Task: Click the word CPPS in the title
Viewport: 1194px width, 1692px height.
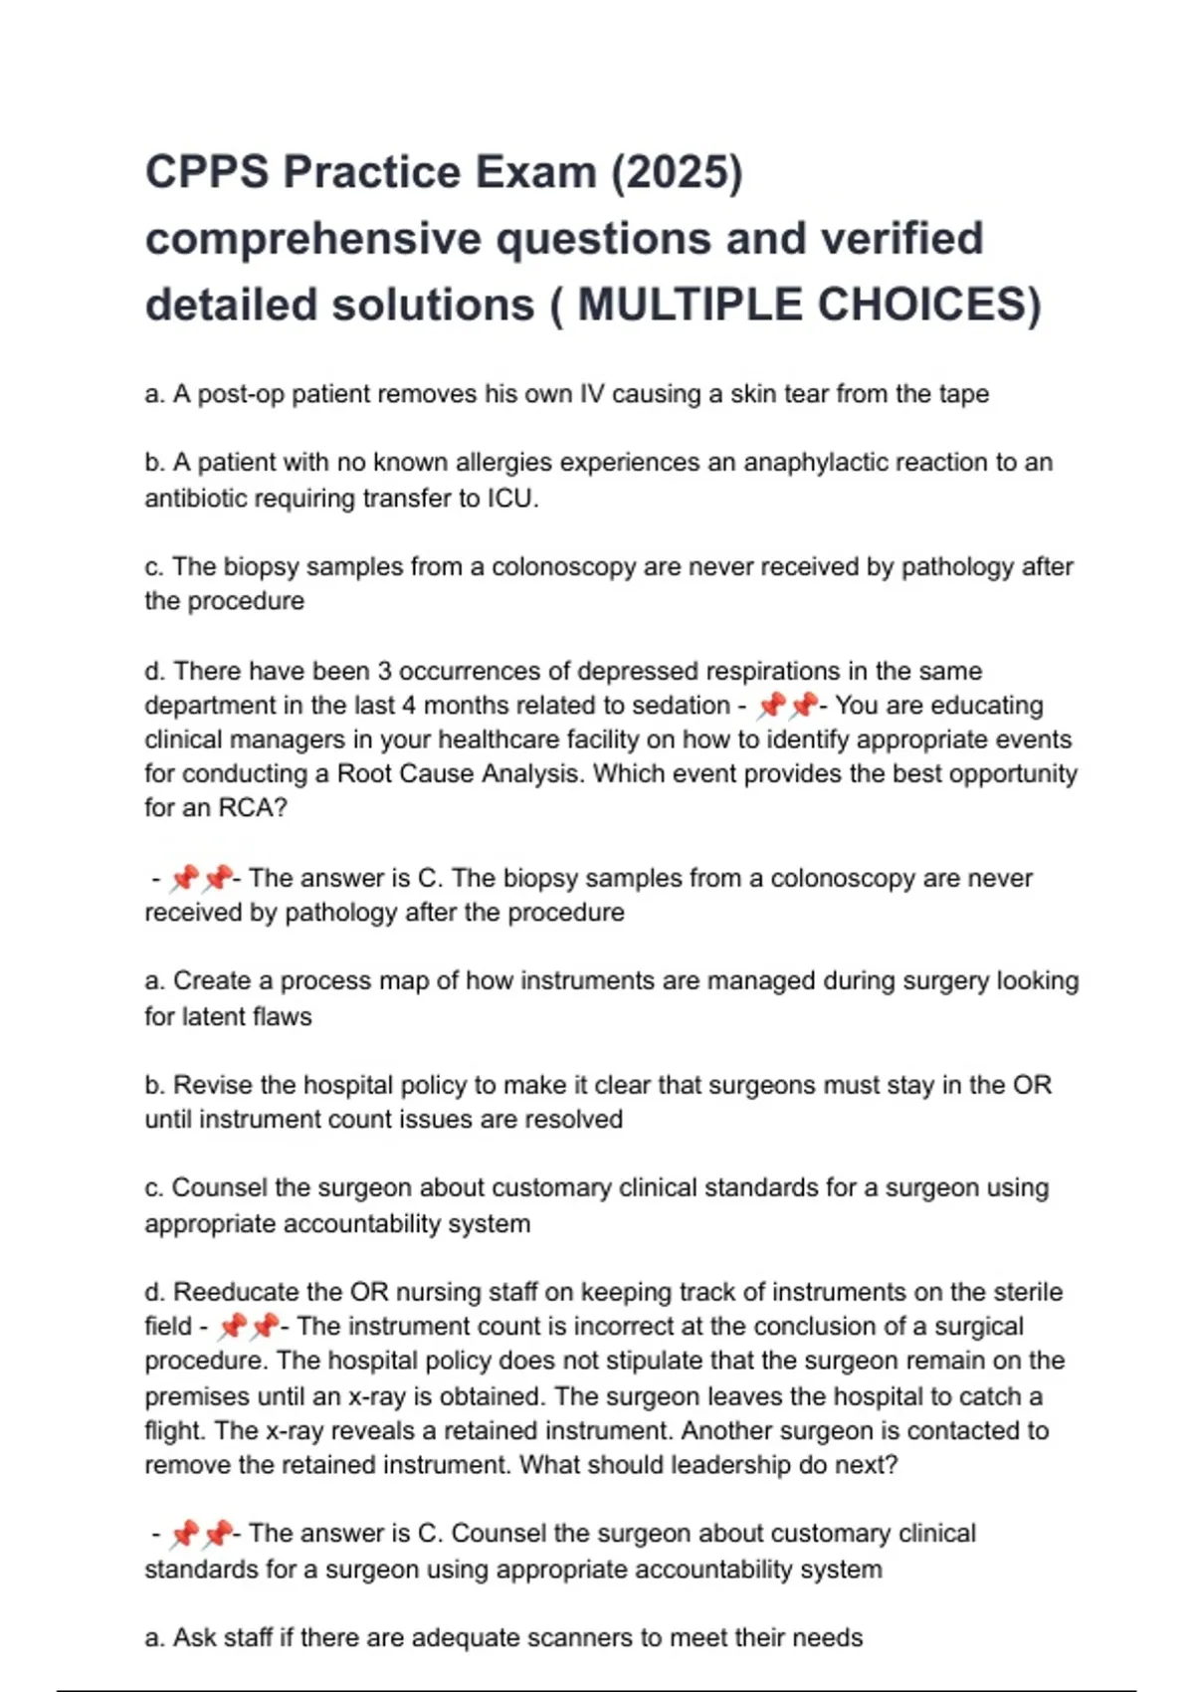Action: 206,172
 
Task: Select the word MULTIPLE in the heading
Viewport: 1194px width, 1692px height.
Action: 689,305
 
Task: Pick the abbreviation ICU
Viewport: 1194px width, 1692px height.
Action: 511,498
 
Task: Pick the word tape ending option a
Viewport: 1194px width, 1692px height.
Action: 963,394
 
